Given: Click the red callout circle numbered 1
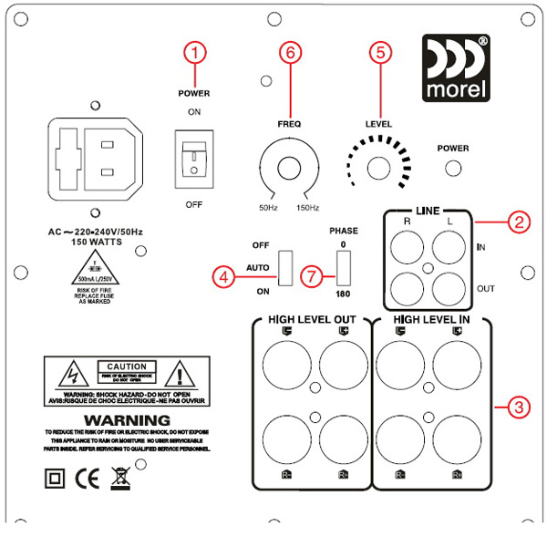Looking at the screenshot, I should [192, 54].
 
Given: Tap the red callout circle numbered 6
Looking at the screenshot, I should [290, 54].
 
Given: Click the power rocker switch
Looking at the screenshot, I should [194, 155].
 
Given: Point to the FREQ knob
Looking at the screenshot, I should [288, 169].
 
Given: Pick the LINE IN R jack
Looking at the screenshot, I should [408, 245].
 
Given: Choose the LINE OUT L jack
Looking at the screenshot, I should [450, 288].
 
